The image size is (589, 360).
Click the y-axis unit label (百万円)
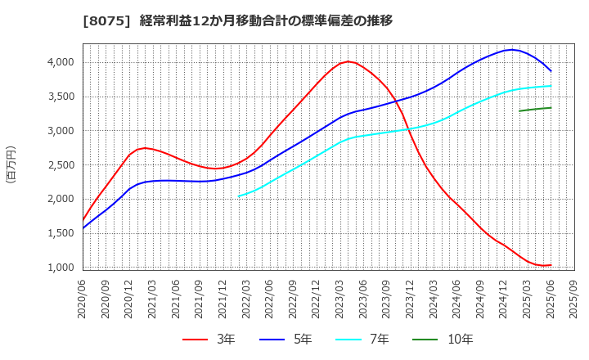[x=11, y=164]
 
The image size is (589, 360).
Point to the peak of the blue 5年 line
[x=512, y=50]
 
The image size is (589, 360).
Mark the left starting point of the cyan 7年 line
[x=239, y=196]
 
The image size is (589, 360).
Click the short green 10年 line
[x=535, y=109]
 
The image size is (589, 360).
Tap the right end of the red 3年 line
[x=551, y=265]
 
